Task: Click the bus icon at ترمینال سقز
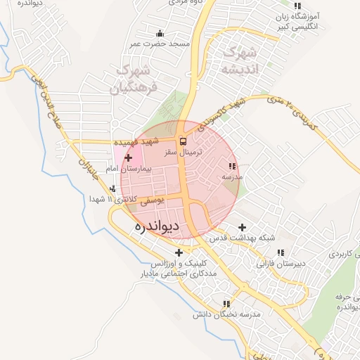click(183, 141)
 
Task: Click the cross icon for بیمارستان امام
click(128, 158)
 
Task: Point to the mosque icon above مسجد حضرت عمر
click(160, 33)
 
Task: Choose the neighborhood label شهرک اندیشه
click(236, 60)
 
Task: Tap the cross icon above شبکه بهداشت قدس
click(243, 227)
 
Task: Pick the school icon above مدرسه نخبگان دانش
click(226, 304)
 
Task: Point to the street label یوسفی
click(152, 200)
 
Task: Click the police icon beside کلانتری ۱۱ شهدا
click(113, 188)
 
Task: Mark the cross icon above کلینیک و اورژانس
click(179, 252)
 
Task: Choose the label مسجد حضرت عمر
click(160, 44)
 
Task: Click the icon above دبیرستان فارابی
click(281, 252)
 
